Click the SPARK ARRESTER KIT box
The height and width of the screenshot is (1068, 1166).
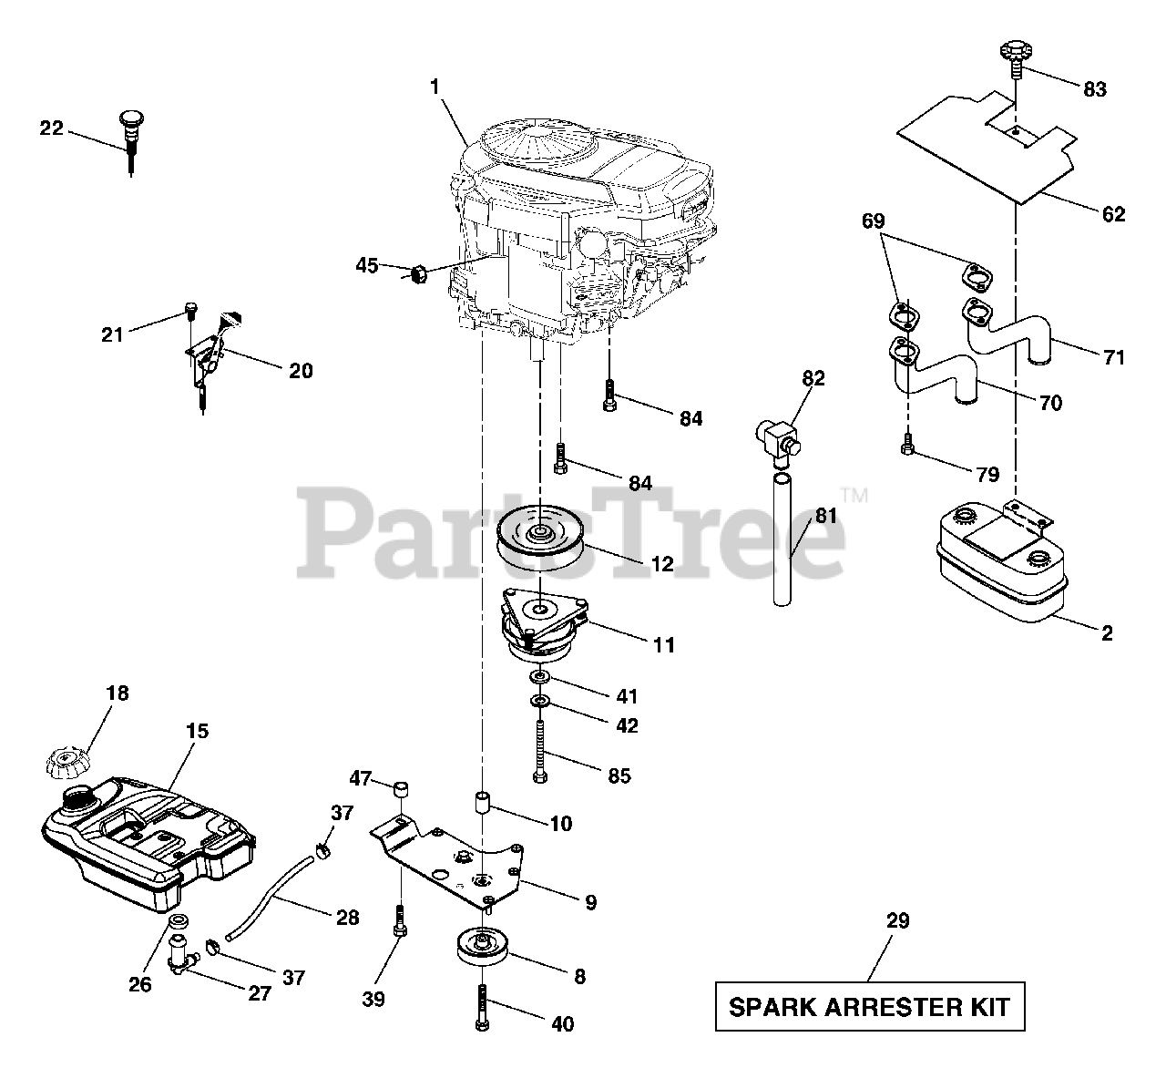click(870, 1006)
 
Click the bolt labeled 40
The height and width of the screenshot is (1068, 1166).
click(482, 1006)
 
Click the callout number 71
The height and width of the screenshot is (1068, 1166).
click(1113, 357)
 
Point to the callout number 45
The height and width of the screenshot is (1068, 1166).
click(366, 265)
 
